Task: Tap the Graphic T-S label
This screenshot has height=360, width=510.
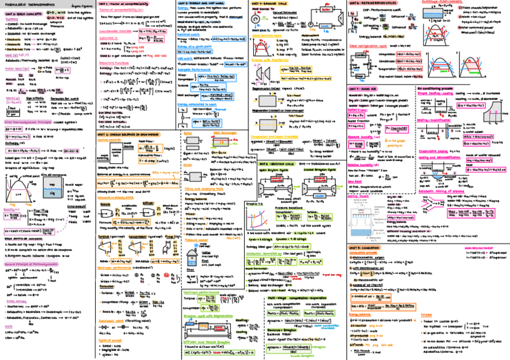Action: pyautogui.click(x=255, y=204)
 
